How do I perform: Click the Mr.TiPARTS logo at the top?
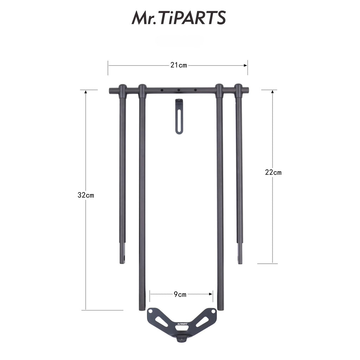click(x=179, y=18)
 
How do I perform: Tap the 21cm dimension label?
click(x=179, y=65)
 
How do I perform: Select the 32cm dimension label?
click(x=86, y=195)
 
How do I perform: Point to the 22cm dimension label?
click(x=273, y=172)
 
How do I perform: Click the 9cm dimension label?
click(x=180, y=294)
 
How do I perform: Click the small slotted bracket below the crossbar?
click(x=179, y=116)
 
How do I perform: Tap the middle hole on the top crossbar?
click(x=179, y=90)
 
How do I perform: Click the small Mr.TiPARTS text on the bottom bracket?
click(x=182, y=324)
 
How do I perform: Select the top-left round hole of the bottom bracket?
click(x=150, y=311)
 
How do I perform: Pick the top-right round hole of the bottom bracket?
click(x=213, y=311)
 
